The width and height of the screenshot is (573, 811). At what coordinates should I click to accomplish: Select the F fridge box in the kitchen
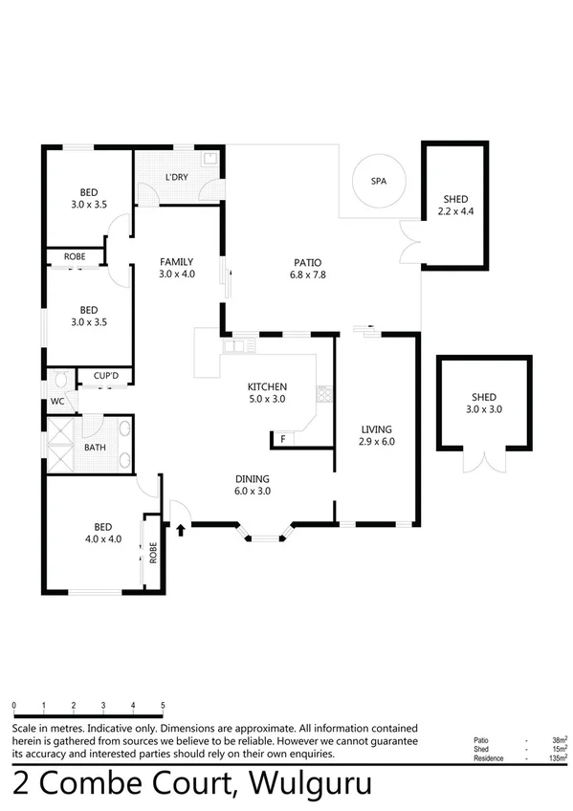coord(282,439)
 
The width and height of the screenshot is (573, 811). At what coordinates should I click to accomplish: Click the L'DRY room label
coord(176,178)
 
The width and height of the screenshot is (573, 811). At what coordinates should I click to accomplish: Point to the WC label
coord(57,402)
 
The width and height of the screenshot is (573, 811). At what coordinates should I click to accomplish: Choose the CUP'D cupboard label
coord(105,376)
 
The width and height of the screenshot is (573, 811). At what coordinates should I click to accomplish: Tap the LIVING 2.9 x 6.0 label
coord(377,435)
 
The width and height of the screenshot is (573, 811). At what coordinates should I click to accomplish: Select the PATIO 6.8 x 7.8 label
coord(307,269)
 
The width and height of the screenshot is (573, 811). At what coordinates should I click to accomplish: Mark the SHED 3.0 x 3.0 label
coord(483,403)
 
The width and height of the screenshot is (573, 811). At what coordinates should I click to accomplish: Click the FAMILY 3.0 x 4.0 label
coord(176,268)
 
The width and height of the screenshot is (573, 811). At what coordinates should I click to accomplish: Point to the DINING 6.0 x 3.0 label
coord(253,485)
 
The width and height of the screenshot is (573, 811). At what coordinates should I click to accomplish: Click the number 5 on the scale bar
coord(163,705)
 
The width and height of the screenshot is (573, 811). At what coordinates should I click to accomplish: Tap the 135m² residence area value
coord(554,757)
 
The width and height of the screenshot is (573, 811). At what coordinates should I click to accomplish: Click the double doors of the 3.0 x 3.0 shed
coord(483,461)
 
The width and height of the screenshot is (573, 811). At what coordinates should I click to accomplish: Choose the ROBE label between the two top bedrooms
coord(75,257)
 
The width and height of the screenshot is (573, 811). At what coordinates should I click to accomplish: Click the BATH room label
coord(96,447)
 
